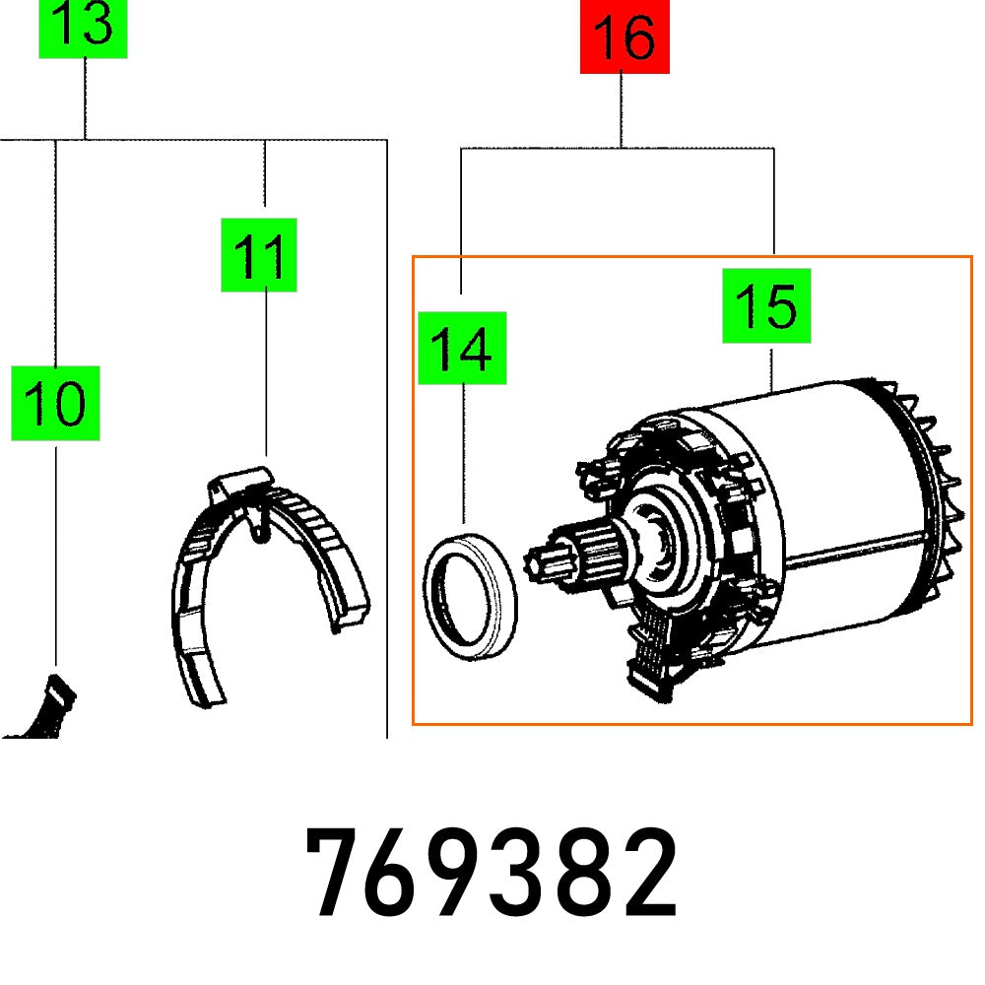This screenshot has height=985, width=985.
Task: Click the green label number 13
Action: (x=83, y=27)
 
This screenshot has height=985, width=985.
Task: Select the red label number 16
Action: (x=624, y=36)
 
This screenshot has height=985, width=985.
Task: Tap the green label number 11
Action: (x=258, y=255)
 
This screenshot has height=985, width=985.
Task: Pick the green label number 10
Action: (x=55, y=403)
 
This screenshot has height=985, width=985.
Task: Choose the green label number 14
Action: (x=461, y=348)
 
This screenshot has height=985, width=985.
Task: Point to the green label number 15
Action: (x=766, y=305)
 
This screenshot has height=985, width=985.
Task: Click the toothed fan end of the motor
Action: (x=936, y=492)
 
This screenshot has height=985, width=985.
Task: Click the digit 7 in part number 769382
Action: (x=339, y=873)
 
